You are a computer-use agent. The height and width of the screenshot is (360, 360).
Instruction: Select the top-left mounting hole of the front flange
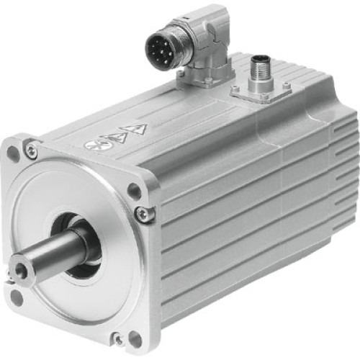13,153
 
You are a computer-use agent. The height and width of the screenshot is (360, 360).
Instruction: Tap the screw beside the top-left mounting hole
30,149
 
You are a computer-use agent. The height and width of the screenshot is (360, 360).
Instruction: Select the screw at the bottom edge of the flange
117,336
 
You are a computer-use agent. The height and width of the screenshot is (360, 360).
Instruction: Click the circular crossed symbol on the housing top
93,145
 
